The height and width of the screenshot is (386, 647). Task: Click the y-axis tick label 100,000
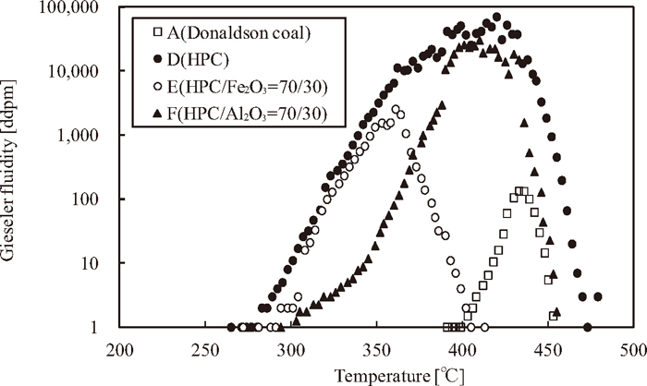pos(76,9)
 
